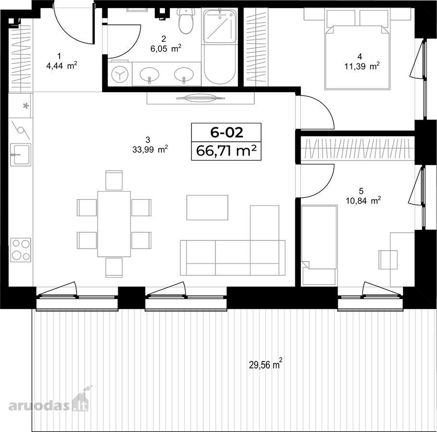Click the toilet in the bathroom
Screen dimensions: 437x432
point(186,21)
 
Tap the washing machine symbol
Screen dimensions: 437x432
point(120,74)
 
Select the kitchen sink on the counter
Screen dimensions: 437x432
point(21,155)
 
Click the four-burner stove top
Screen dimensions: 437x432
point(21,250)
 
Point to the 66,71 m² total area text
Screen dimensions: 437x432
point(226,151)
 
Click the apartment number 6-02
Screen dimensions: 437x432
point(226,132)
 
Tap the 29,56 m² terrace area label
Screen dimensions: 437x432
point(265,364)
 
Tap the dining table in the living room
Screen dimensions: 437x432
point(114,224)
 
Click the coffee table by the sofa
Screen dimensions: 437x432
point(207,208)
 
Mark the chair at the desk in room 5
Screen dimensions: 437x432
point(388,260)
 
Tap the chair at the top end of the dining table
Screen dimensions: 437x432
point(114,180)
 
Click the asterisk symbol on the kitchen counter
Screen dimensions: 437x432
point(26,106)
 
